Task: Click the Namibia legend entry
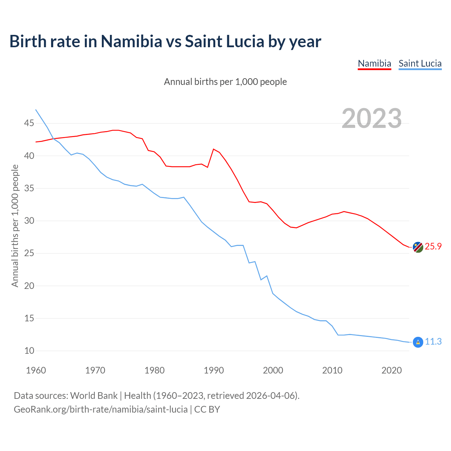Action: [374, 63]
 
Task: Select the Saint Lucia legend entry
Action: [420, 63]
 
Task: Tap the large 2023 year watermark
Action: [372, 118]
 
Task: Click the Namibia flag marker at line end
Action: [418, 247]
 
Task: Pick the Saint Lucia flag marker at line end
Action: [418, 342]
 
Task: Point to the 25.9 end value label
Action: [433, 247]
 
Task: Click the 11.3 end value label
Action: [433, 342]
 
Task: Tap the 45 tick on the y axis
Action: [29, 123]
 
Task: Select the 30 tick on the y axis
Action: [29, 221]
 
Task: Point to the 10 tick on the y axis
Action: [29, 351]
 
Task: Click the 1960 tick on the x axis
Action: [36, 371]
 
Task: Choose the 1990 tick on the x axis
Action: [214, 371]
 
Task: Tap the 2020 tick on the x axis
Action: [391, 371]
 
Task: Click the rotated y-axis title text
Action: [15, 226]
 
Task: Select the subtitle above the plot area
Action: [225, 82]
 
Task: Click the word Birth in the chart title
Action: [28, 42]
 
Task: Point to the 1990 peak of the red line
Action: [214, 149]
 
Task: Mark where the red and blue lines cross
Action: [53, 138]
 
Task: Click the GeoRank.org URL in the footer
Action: [100, 409]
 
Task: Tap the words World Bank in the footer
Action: [94, 396]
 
